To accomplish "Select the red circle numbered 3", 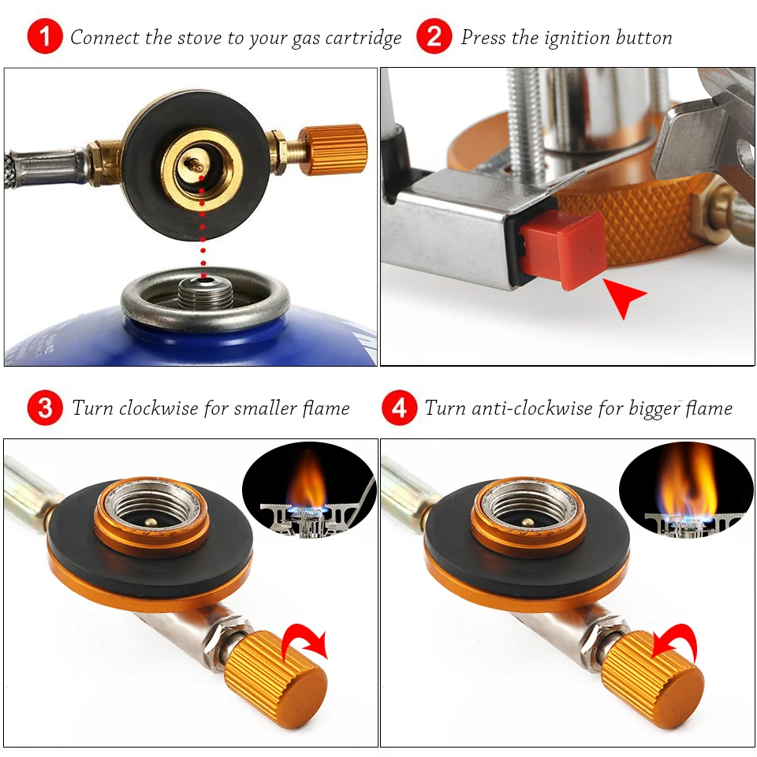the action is click(45, 408).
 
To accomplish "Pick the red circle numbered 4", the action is click(399, 408).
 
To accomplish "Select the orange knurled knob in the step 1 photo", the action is click(332, 149).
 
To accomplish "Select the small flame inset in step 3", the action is click(309, 490).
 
